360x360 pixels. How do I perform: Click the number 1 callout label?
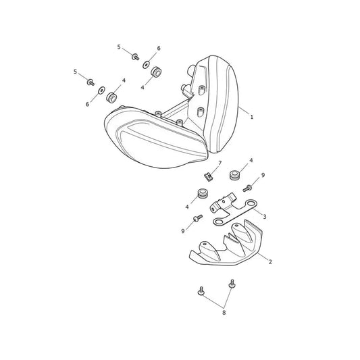click(x=252, y=117)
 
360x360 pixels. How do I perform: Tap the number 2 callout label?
click(x=270, y=262)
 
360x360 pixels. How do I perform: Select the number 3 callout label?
click(x=265, y=217)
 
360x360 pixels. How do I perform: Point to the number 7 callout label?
click(x=220, y=163)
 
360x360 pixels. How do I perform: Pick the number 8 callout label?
click(x=224, y=313)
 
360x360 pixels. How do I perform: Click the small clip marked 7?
click(x=209, y=177)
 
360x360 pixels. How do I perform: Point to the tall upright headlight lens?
click(x=220, y=105)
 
